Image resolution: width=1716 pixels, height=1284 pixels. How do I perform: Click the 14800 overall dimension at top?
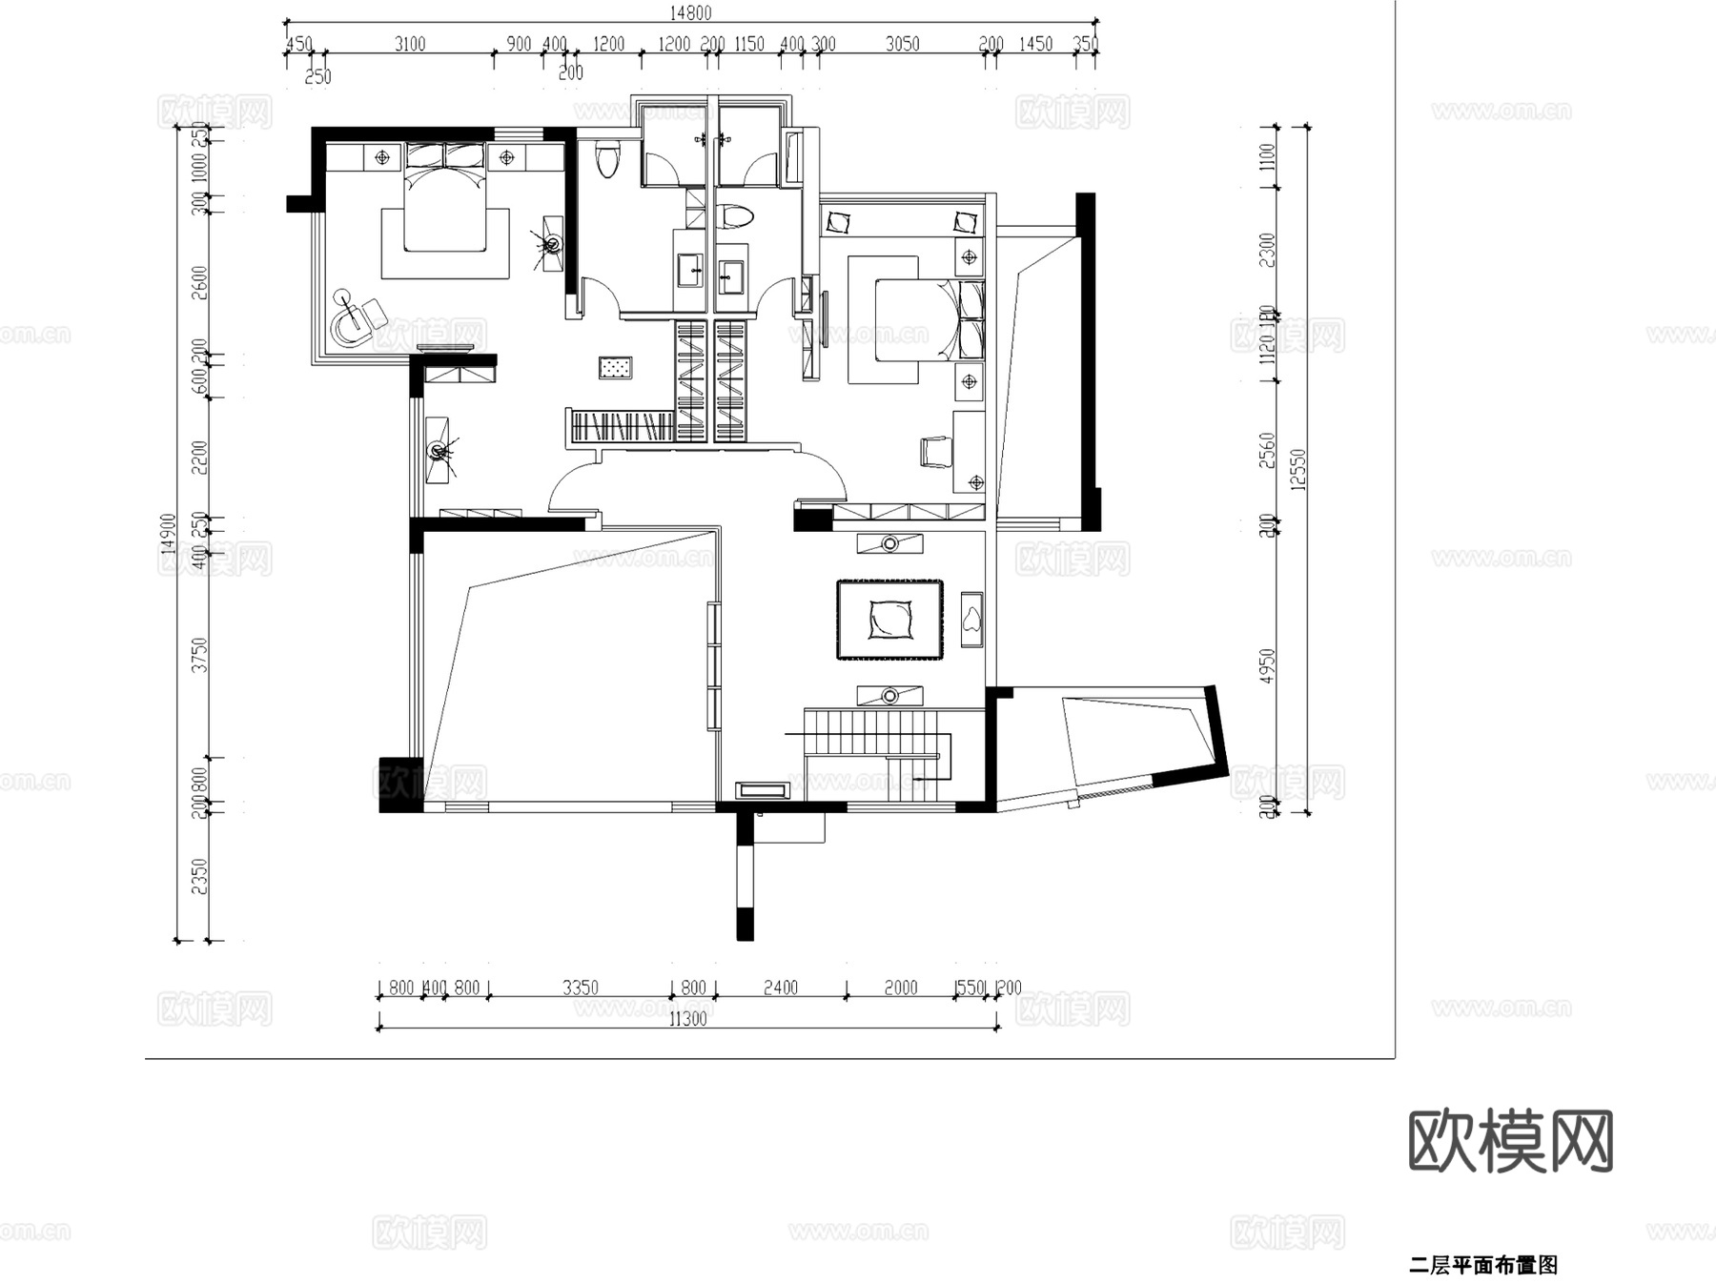689,12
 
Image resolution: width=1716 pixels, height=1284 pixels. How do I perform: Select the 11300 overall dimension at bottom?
687,1019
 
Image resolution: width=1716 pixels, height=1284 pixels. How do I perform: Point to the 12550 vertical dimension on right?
1297,469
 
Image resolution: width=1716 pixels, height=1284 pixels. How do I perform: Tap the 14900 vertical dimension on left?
169,534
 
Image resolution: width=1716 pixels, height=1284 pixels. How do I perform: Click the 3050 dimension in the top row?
902,44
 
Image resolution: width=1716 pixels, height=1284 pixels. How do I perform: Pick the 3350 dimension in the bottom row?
580,988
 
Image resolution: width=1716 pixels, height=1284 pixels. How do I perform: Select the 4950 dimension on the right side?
1267,665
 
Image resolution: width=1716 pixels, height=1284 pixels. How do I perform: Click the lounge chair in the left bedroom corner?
357,316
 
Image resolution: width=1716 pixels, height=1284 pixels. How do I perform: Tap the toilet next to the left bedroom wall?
606,159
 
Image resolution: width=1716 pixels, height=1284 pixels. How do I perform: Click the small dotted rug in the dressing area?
615,367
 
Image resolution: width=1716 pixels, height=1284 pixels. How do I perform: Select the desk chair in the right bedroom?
936,451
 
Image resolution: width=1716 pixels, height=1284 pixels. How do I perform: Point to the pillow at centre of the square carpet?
890,619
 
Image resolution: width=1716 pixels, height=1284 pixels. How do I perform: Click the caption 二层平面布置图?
1482,1265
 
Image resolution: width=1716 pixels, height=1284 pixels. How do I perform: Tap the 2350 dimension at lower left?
199,876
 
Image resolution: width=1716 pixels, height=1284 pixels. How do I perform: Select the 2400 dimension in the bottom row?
780,988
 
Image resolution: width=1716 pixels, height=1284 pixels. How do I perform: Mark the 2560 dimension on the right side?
1267,449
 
